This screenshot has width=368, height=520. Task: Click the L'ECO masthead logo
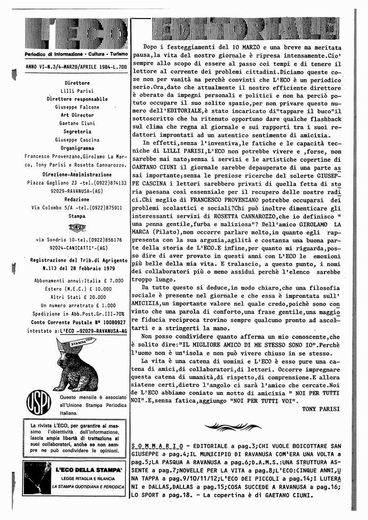[76, 34]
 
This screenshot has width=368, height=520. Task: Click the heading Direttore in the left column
[77, 83]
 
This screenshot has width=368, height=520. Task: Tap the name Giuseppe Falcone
[77, 107]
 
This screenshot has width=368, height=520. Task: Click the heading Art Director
[77, 115]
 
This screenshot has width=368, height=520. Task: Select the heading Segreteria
[77, 131]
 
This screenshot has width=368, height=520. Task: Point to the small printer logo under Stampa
[77, 228]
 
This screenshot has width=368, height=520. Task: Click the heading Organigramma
[77, 148]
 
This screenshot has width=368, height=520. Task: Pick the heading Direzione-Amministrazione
[77, 174]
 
